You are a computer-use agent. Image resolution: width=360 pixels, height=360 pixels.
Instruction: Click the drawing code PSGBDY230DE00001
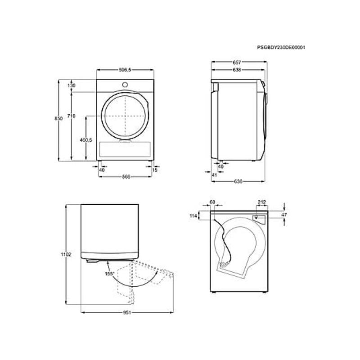pos(281,48)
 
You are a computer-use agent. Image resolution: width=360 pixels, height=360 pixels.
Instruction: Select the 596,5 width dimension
pos(125,70)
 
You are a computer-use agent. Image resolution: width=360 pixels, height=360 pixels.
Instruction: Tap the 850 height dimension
pos(58,118)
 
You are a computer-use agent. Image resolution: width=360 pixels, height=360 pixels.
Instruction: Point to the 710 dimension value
pos(72,116)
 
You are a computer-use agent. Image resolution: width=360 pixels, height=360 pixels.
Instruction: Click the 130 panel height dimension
pos(72,85)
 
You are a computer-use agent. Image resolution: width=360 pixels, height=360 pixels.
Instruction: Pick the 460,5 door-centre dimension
pos(86,140)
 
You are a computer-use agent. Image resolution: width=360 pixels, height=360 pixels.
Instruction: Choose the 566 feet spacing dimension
pos(126,176)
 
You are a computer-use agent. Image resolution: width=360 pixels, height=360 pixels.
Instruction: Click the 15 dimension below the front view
pos(155,170)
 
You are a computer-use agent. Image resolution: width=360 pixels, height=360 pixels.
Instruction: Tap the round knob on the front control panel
pos(125,85)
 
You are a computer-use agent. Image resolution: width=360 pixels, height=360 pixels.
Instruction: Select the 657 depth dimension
pos(237,62)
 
